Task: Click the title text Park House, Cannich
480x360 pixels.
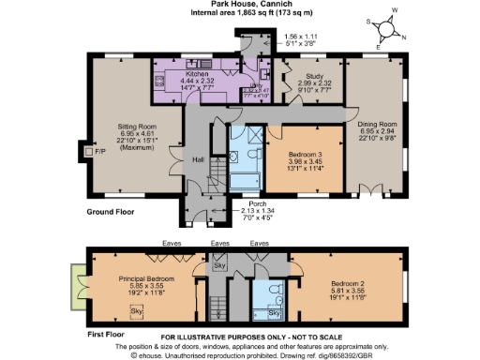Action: (x=239, y=6)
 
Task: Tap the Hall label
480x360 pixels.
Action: (x=198, y=159)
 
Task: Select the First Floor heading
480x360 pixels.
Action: (x=108, y=331)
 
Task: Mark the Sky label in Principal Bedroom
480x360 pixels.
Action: (x=136, y=310)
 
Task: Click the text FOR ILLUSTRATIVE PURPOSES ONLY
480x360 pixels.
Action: (x=239, y=337)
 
